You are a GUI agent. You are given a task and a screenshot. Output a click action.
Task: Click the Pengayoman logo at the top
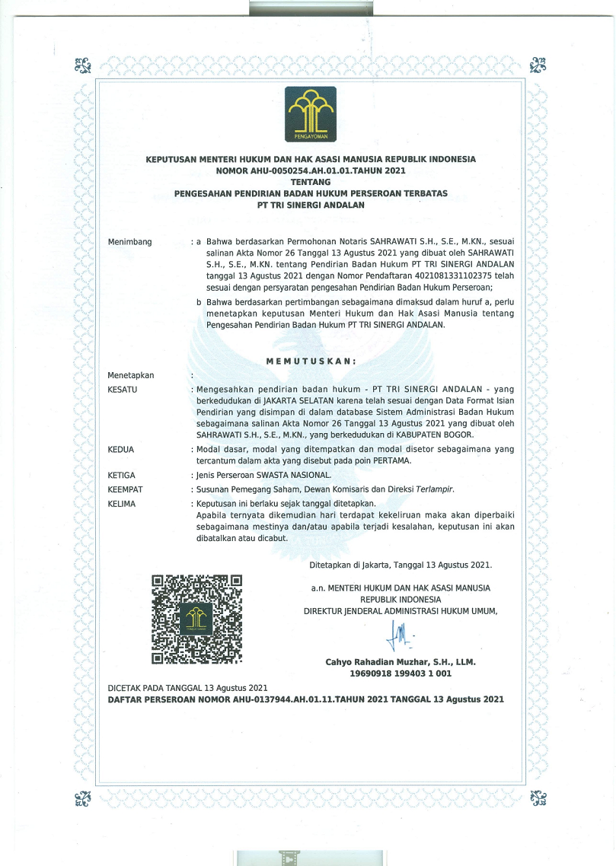click(310, 114)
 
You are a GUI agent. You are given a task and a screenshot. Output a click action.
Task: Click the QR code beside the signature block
click(197, 618)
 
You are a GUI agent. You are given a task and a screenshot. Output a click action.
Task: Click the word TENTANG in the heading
click(311, 182)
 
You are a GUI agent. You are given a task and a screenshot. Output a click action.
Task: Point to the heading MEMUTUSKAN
click(311, 361)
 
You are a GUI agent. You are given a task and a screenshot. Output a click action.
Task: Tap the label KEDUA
click(121, 450)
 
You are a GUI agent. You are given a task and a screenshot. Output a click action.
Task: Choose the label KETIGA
click(122, 476)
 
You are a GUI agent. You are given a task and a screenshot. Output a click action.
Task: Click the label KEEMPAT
click(126, 489)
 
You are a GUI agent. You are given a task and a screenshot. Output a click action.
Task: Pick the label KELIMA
click(122, 504)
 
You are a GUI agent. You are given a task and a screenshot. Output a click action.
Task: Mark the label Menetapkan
click(131, 375)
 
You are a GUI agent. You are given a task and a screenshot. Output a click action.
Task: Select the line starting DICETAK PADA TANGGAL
click(187, 687)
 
